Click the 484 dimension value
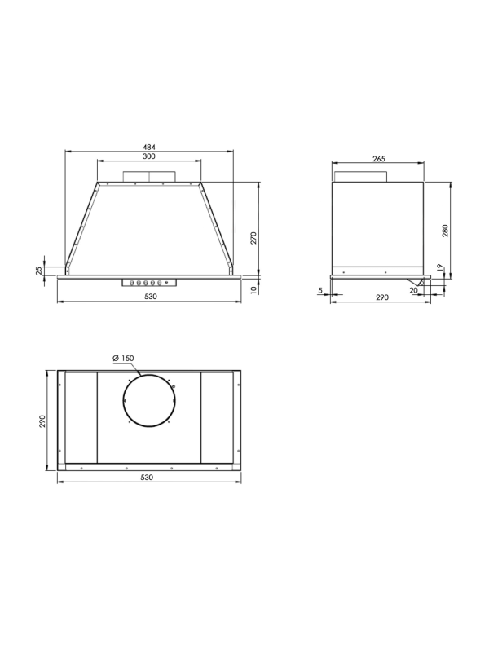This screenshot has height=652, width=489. (x=149, y=147)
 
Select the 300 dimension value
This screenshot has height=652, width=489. (x=148, y=156)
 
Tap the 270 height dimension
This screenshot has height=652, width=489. (x=253, y=238)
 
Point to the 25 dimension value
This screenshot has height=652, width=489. (x=39, y=271)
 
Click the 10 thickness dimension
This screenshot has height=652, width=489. (x=254, y=290)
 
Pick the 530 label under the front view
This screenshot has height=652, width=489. (x=151, y=297)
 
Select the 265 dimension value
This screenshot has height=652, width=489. (x=379, y=158)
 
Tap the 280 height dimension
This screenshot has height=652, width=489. (x=445, y=231)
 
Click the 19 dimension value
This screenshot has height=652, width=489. (x=440, y=268)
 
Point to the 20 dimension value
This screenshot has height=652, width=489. (x=413, y=291)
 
